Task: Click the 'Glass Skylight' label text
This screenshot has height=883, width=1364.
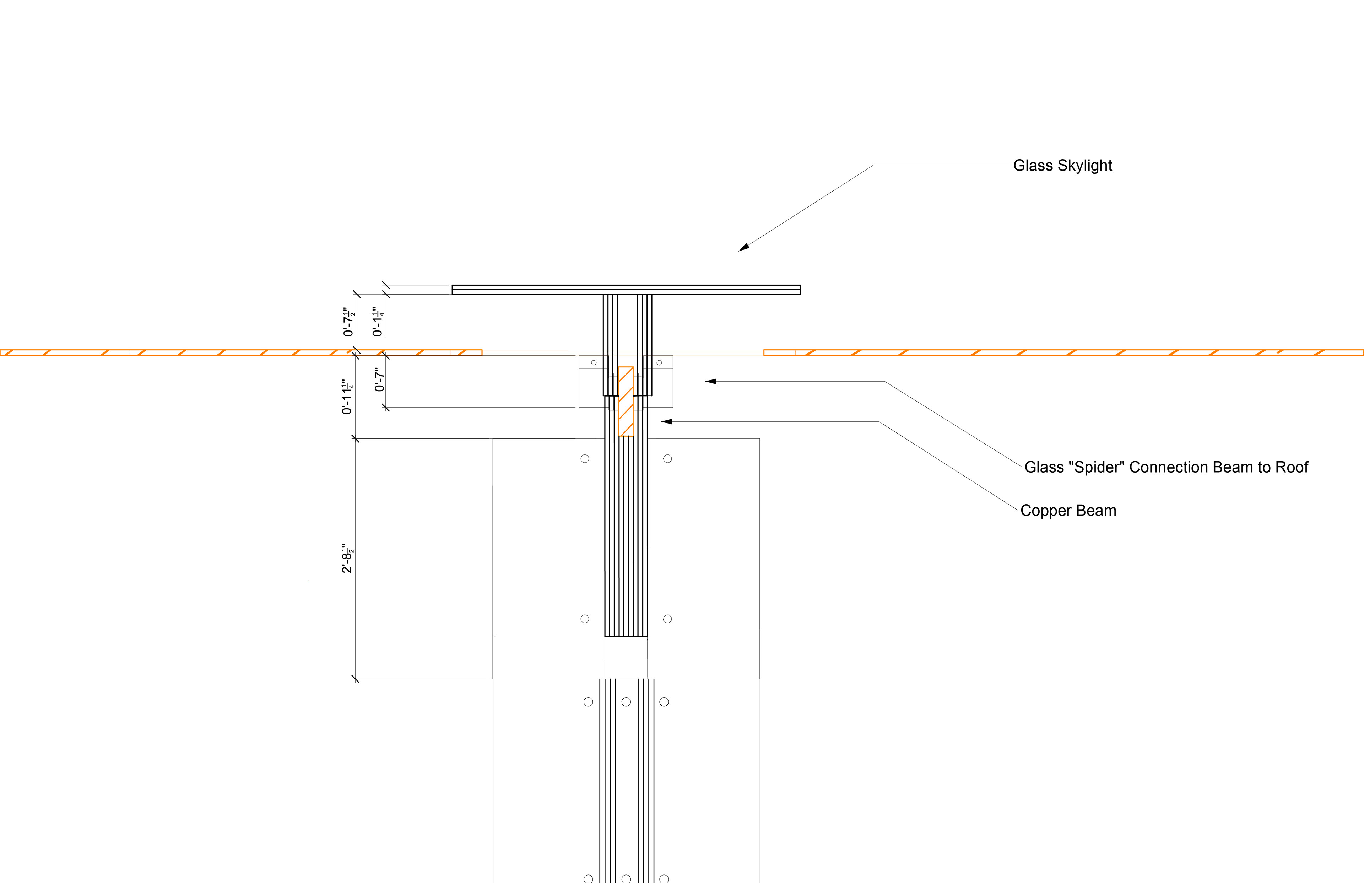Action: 1062,166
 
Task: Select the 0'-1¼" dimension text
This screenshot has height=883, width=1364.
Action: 377,322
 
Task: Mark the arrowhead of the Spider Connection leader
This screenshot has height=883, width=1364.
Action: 711,381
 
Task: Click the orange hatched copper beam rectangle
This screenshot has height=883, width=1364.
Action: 626,402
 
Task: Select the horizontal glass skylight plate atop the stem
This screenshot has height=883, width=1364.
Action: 626,290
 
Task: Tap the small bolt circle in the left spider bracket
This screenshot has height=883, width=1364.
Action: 594,362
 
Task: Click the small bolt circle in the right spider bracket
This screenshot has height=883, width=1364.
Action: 659,362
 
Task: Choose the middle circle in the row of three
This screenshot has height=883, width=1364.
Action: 626,702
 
